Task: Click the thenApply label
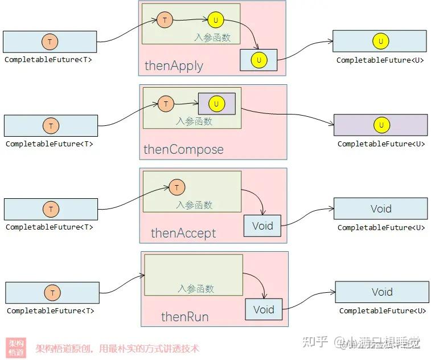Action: tap(174, 66)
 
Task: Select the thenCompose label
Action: tap(183, 150)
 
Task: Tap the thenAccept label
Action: tap(183, 233)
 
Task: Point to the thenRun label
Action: tap(184, 317)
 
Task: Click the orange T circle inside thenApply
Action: tap(165, 21)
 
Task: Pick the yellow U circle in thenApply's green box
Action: tap(216, 21)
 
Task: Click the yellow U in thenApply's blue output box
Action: tap(259, 60)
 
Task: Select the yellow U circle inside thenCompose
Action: tap(216, 104)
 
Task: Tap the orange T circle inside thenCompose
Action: tap(166, 104)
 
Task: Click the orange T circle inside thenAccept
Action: tap(177, 187)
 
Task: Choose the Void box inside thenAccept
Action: tap(262, 226)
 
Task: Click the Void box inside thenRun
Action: tap(264, 310)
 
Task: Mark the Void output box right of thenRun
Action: tap(381, 292)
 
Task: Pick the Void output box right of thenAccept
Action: tap(380, 208)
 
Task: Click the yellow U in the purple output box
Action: tap(381, 125)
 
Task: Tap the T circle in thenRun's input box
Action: tap(52, 293)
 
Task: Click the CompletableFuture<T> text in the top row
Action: tap(48, 60)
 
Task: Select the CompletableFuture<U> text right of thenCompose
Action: tap(381, 144)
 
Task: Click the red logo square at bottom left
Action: tap(17, 348)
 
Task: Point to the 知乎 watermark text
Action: tap(315, 342)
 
